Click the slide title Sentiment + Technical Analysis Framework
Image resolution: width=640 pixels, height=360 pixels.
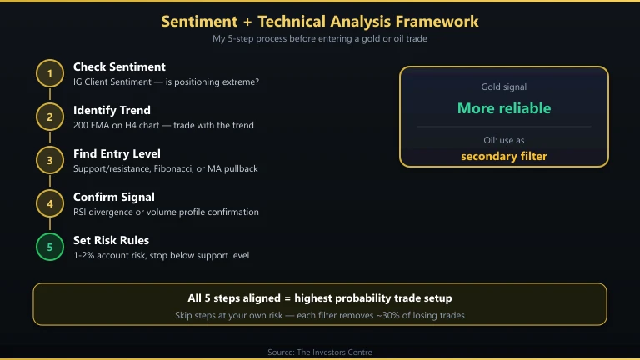(320, 21)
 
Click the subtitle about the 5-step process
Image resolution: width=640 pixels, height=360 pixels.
(320, 39)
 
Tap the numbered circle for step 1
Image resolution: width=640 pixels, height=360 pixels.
(50, 74)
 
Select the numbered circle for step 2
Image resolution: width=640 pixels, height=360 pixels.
(50, 117)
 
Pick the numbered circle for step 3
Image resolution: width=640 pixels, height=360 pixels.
(50, 161)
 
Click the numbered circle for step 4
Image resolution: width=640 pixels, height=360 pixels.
(50, 204)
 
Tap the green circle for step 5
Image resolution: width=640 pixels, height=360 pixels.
(50, 247)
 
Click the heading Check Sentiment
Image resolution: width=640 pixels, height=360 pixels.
(119, 67)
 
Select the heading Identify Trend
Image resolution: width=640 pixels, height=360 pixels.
(112, 110)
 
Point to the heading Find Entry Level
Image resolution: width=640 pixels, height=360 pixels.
(117, 153)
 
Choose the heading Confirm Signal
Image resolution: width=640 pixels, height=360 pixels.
(113, 197)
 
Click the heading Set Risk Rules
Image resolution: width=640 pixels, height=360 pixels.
(111, 240)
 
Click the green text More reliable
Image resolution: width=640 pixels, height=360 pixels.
(503, 108)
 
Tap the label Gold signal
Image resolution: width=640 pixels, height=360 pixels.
(503, 87)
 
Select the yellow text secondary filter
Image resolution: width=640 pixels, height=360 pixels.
(503, 156)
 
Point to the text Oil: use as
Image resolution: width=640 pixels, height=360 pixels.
(503, 140)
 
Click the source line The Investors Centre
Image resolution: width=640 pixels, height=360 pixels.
(320, 352)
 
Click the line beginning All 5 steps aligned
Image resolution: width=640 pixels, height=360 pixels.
(320, 297)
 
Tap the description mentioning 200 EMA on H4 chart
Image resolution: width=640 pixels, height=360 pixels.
(163, 126)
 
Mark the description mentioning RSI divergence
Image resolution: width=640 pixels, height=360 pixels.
(166, 212)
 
